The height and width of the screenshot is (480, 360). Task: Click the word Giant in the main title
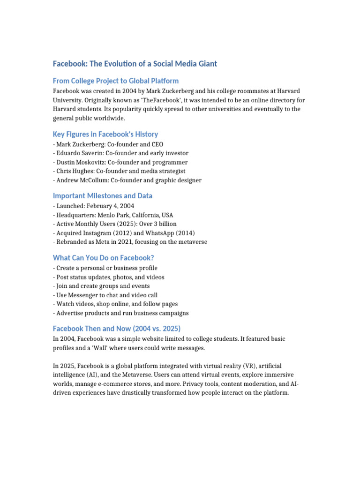(207, 64)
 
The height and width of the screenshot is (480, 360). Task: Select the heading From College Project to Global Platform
(116, 81)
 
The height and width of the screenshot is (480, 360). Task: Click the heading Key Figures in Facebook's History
(105, 134)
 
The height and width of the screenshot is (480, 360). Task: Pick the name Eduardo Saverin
(80, 153)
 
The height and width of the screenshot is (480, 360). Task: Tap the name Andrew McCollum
(80, 180)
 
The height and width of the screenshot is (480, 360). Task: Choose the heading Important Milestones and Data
(103, 196)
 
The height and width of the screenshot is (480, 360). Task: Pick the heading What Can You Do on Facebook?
(104, 258)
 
